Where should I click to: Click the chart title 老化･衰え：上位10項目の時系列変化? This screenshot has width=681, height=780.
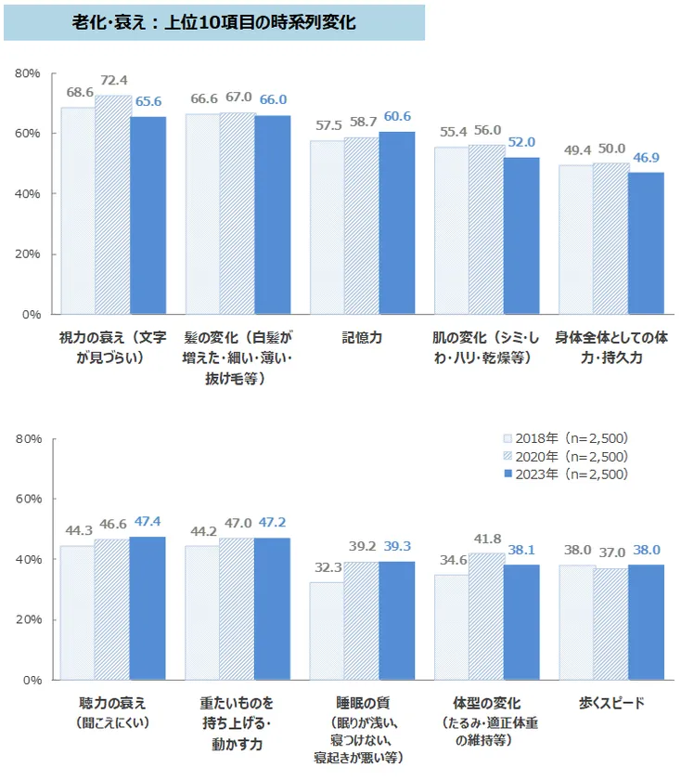click(x=213, y=22)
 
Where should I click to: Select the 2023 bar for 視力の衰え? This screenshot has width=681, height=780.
click(x=148, y=215)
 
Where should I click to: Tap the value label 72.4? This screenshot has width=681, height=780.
click(x=113, y=80)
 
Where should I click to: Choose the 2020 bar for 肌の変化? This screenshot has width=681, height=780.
click(x=486, y=229)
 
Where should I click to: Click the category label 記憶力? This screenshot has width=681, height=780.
click(x=361, y=339)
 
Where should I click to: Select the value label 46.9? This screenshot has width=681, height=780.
click(x=645, y=157)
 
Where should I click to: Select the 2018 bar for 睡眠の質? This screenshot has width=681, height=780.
click(x=327, y=631)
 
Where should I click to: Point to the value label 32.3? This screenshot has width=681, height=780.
click(x=327, y=566)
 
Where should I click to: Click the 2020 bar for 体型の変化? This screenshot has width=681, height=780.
click(x=486, y=617)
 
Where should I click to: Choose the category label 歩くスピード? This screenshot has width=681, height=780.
click(x=610, y=703)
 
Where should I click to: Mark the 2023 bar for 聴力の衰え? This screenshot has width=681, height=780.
click(x=148, y=608)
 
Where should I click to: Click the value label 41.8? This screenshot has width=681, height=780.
click(x=486, y=538)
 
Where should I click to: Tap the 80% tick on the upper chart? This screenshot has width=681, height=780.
click(x=28, y=73)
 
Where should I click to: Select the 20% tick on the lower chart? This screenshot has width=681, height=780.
click(x=28, y=620)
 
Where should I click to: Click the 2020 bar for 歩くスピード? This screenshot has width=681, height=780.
click(x=610, y=624)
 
